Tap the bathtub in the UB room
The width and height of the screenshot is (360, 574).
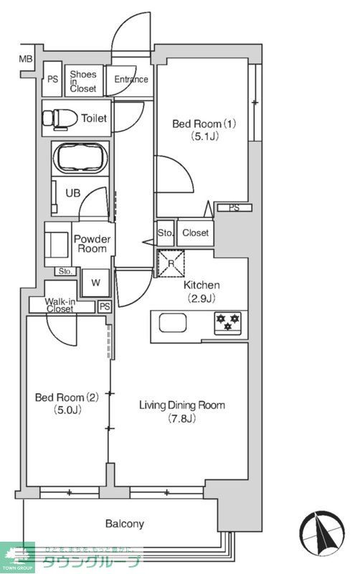[81, 157]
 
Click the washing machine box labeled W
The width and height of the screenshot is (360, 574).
[95, 282]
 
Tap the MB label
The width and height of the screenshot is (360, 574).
[26, 59]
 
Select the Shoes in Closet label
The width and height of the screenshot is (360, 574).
[83, 80]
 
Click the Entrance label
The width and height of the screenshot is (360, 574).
[131, 80]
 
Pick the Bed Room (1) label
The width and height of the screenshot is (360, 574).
[204, 123]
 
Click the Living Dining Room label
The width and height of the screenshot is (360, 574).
[181, 405]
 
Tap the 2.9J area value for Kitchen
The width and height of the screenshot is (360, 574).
[202, 298]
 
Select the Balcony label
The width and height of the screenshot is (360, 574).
[125, 524]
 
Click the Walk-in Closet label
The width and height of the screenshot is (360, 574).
[60, 305]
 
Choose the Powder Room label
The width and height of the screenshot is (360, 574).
[93, 243]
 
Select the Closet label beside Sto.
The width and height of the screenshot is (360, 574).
[195, 232]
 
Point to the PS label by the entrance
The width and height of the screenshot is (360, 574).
[52, 80]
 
